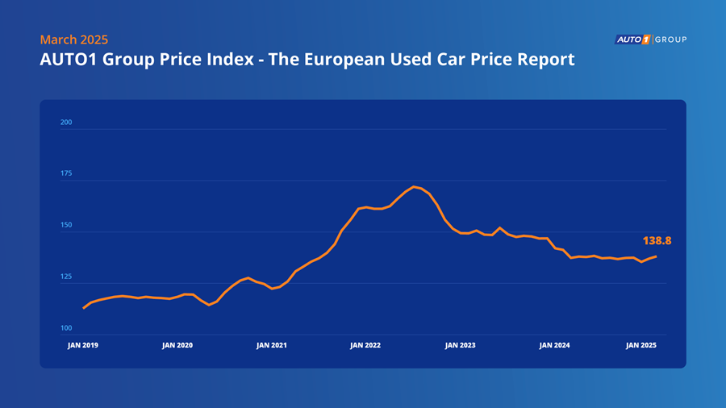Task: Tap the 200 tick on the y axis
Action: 66,123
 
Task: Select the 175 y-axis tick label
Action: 66,174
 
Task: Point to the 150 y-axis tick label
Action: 66,226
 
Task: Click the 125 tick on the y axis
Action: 66,277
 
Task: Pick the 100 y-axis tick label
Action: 66,329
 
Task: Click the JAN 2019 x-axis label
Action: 83,345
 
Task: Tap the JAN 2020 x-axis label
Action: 177,345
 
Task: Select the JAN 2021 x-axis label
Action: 272,345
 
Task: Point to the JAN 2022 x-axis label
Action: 365,345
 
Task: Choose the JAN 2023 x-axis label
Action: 460,345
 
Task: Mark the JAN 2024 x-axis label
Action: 554,345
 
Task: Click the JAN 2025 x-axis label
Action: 642,345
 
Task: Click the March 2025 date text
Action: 73,40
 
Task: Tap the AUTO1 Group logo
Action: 650,40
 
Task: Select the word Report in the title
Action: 548,60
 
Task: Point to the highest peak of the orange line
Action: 414,187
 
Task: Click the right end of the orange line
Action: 656,256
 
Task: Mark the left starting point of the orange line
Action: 84,308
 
